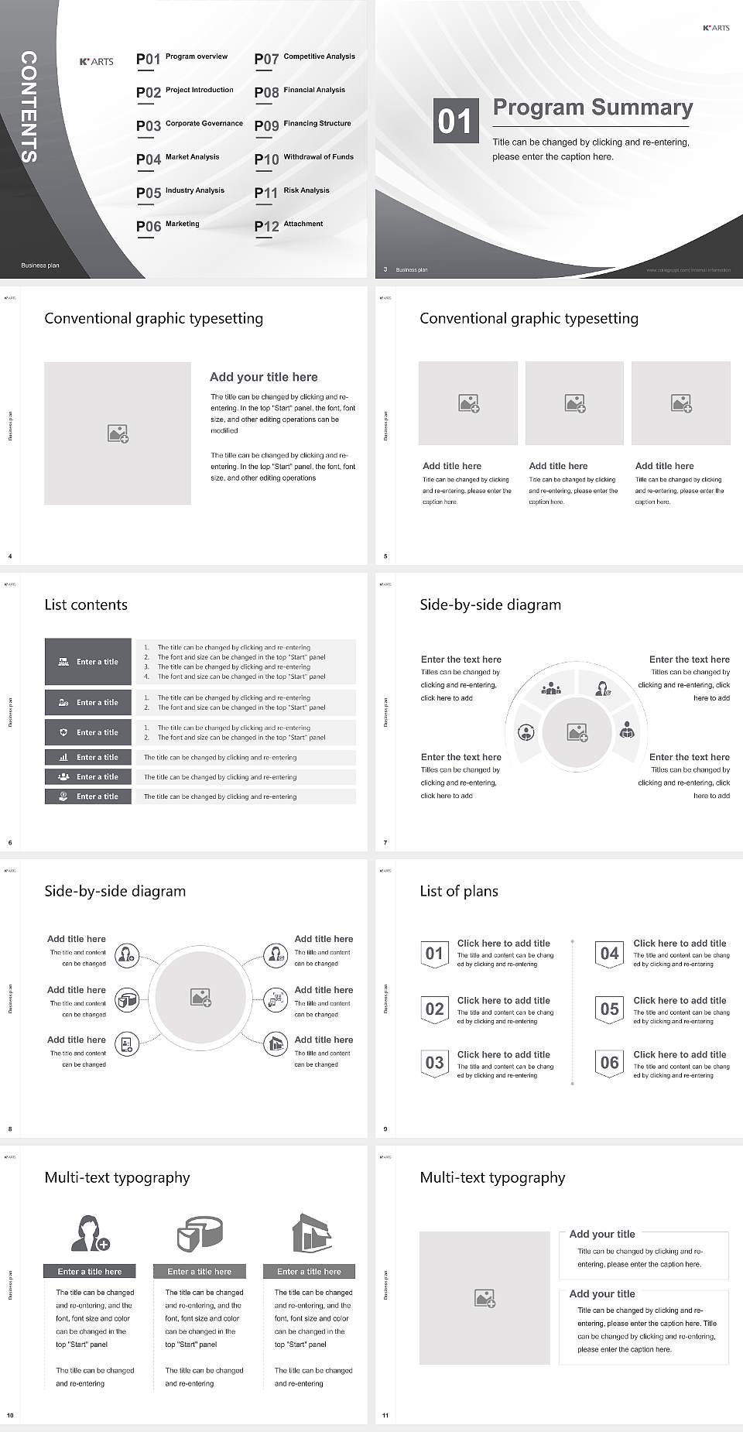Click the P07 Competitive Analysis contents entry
(304, 59)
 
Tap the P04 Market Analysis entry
(178, 159)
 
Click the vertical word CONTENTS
(28, 107)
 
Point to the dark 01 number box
(454, 121)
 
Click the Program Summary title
(593, 108)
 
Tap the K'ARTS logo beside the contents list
(97, 62)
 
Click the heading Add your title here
(263, 377)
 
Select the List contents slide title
(86, 605)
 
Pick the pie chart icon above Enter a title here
(200, 1233)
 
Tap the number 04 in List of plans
(610, 954)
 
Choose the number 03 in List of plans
(434, 1063)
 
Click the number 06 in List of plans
(610, 1063)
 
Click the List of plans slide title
(459, 891)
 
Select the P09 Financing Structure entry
(303, 125)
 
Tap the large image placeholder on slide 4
(118, 433)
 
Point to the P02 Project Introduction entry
(185, 92)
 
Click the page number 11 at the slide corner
(385, 1416)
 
